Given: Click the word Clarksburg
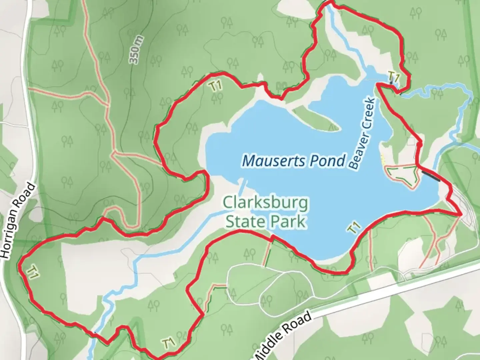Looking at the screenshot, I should click(265, 203).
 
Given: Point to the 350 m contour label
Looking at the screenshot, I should click(136, 50).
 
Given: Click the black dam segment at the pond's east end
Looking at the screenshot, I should click(431, 175).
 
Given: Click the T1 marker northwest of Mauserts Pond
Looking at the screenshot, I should click(216, 86).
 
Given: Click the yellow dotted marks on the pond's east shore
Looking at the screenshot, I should click(383, 160).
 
